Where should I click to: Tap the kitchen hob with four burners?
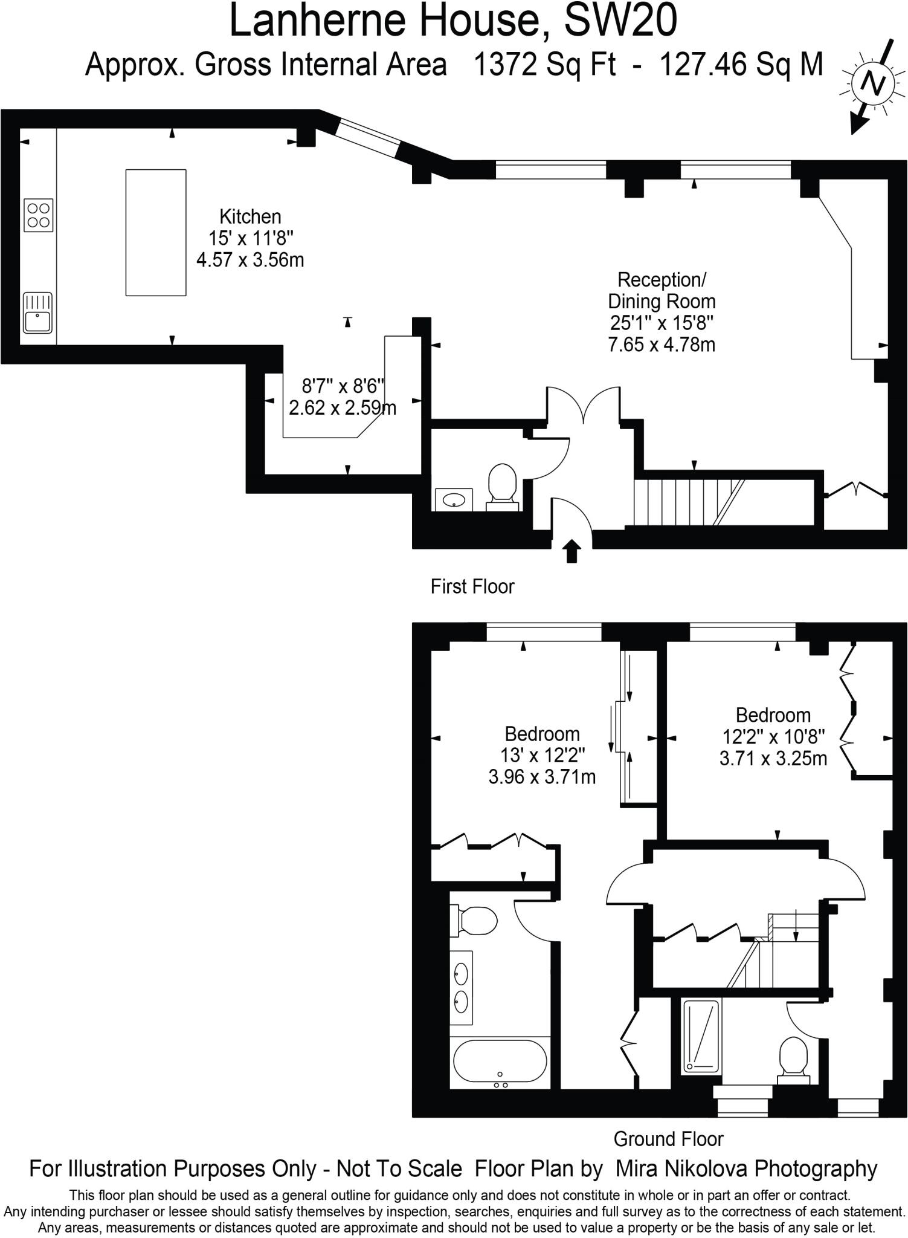point(39,215)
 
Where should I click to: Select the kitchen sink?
point(37,313)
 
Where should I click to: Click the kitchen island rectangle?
point(155,233)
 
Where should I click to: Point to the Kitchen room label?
point(250,216)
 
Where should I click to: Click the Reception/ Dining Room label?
point(662,291)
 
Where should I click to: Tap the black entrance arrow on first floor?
point(572,551)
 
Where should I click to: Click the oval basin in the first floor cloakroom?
point(454,499)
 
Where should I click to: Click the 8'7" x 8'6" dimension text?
point(343,386)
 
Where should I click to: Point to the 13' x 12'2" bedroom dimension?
point(542,755)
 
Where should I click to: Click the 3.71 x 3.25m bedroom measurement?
point(773,758)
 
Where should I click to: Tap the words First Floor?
point(472,586)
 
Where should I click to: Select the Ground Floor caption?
point(668,1139)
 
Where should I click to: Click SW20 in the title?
point(620,21)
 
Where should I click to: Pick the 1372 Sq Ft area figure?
point(545,65)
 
